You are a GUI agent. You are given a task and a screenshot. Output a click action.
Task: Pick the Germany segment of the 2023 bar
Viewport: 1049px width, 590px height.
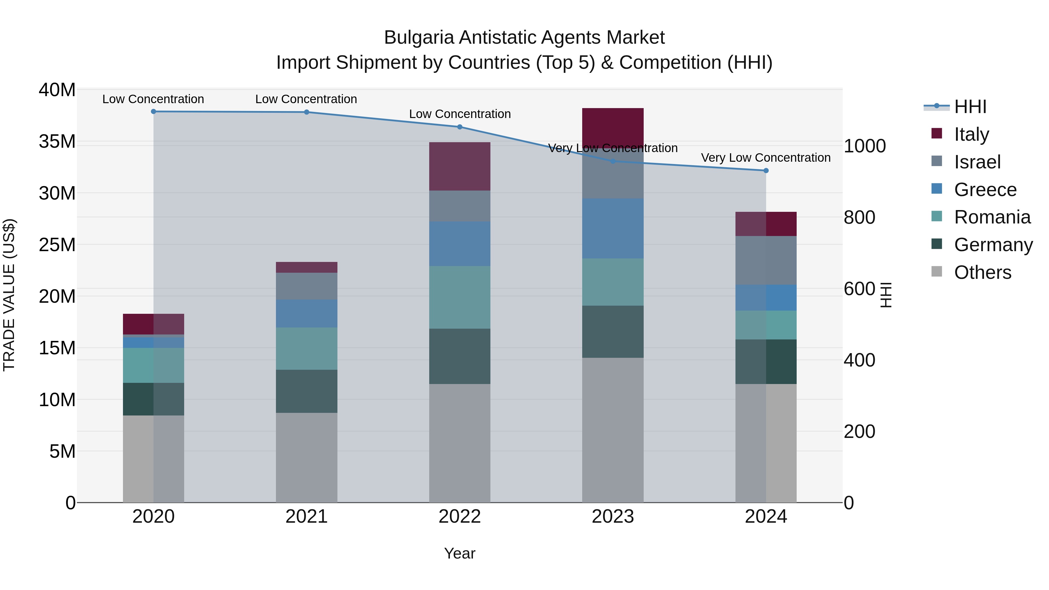(x=612, y=332)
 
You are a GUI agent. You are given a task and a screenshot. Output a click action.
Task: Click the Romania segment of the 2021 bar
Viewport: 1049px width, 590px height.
(x=306, y=348)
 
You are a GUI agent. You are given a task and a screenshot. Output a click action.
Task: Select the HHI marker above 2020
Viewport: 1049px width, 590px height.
(x=154, y=112)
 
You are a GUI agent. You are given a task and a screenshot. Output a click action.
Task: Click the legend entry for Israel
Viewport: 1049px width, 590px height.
(x=977, y=162)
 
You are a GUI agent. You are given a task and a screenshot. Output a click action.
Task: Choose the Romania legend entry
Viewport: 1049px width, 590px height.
(x=992, y=217)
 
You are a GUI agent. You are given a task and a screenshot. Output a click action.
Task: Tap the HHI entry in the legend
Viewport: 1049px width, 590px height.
(x=970, y=107)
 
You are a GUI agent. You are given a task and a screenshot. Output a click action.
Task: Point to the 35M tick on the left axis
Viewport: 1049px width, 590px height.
(x=57, y=141)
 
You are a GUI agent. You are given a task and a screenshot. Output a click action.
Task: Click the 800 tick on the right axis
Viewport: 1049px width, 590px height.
(x=859, y=217)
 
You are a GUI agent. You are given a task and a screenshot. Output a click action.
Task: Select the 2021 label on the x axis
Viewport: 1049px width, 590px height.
(x=306, y=517)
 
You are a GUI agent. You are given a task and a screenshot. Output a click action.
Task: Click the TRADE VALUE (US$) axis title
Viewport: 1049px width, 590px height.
(x=9, y=295)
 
